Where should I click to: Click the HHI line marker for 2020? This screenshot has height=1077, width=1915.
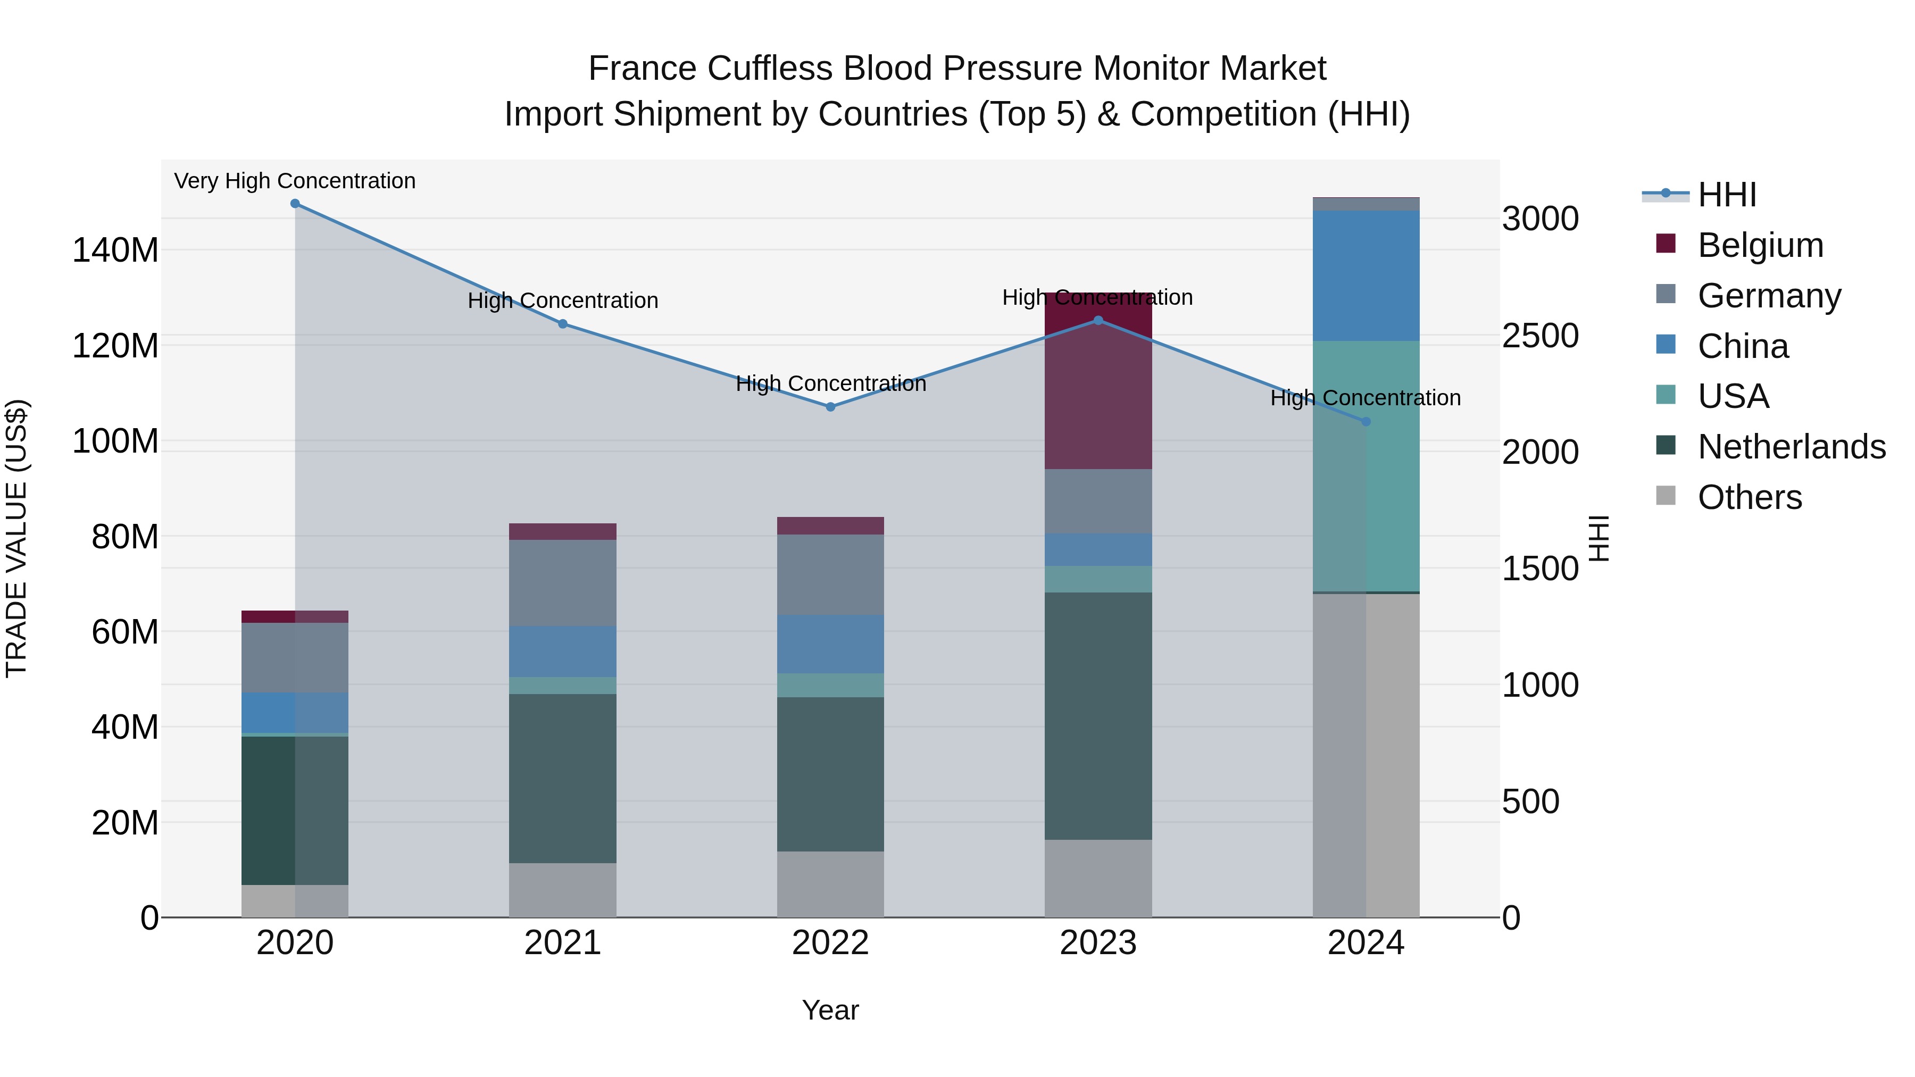pyautogui.click(x=295, y=204)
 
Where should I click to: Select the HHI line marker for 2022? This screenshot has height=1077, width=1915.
pyautogui.click(x=830, y=406)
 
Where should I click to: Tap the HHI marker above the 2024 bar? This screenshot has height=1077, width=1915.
pyautogui.click(x=1366, y=421)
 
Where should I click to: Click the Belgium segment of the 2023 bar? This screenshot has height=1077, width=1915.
pyautogui.click(x=1098, y=394)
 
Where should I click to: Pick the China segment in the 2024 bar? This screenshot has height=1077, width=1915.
pyautogui.click(x=1366, y=275)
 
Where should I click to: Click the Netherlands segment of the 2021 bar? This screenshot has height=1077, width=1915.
pyautogui.click(x=563, y=778)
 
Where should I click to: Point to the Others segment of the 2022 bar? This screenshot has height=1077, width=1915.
pyautogui.click(x=830, y=884)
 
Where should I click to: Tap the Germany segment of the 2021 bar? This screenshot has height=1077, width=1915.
pyautogui.click(x=563, y=583)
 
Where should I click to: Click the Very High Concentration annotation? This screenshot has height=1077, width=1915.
pyautogui.click(x=295, y=181)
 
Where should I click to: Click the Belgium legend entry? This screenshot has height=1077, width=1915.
pyautogui.click(x=1760, y=245)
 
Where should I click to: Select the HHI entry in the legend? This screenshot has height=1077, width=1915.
pyautogui.click(x=1727, y=195)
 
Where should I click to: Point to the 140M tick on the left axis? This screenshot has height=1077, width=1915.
pyautogui.click(x=115, y=251)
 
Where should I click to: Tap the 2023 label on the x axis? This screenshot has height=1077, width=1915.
pyautogui.click(x=1098, y=943)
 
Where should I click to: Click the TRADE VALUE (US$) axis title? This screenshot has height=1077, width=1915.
pyautogui.click(x=16, y=538)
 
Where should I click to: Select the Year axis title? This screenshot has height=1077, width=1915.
pyautogui.click(x=830, y=1010)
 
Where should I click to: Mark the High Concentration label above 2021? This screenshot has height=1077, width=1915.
pyautogui.click(x=563, y=300)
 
